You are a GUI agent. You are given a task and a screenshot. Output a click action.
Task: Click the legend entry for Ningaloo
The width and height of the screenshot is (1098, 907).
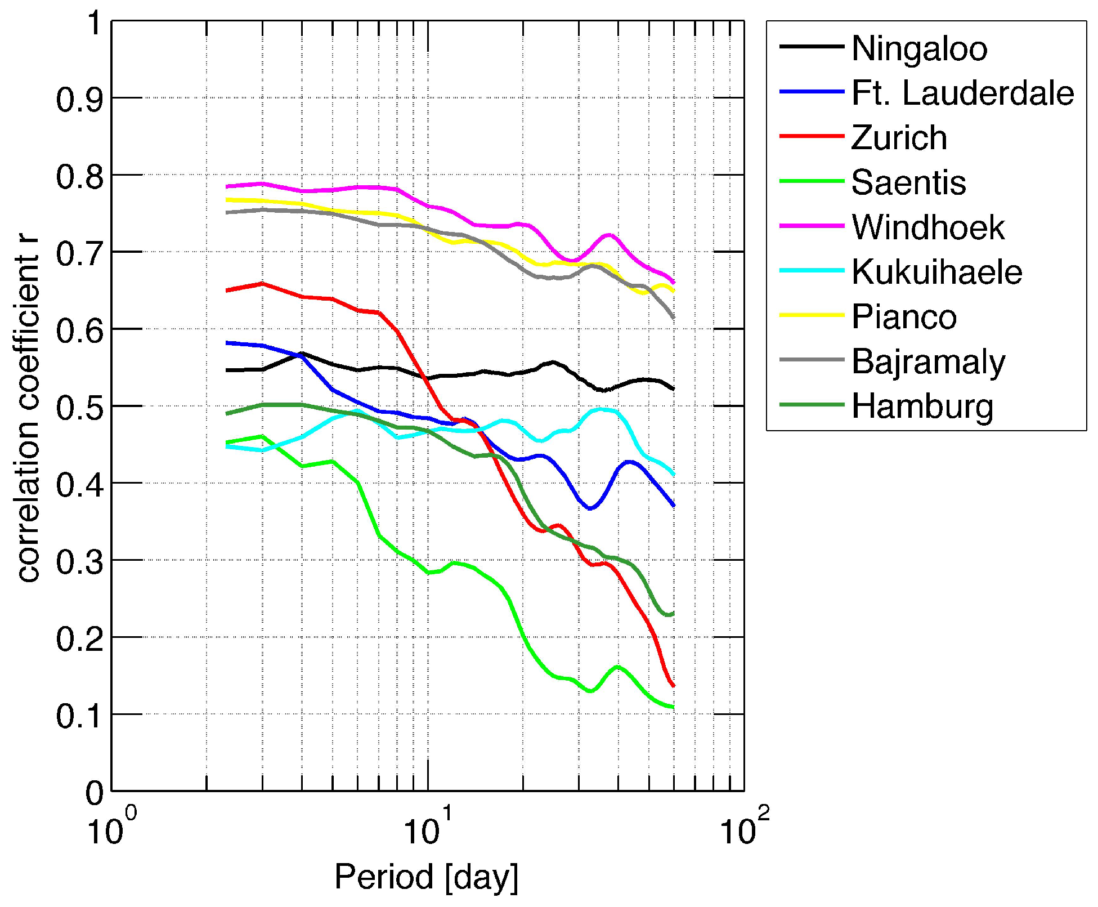click(919, 48)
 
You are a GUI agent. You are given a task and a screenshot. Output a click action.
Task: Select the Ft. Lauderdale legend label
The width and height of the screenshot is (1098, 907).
click(962, 93)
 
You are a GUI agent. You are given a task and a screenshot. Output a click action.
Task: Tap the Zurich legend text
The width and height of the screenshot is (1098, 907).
click(899, 138)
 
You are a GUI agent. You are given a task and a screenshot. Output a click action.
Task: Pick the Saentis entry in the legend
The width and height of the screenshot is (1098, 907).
click(908, 182)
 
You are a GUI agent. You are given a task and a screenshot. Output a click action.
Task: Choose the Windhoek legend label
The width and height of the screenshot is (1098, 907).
click(928, 227)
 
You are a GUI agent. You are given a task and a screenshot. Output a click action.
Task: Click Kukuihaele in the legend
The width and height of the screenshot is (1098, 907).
click(936, 272)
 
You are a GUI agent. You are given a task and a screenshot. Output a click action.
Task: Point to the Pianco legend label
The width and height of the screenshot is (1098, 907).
click(904, 316)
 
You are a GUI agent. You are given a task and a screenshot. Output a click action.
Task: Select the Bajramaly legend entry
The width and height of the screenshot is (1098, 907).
click(928, 362)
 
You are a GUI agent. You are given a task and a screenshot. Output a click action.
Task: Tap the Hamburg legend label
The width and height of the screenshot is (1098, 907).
click(922, 406)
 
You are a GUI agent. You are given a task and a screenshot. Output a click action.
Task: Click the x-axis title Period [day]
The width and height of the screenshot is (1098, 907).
click(426, 877)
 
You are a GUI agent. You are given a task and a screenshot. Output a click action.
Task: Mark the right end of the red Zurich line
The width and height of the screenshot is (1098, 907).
click(673, 685)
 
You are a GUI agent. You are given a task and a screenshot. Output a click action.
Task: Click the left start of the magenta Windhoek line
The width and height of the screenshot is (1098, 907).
click(227, 186)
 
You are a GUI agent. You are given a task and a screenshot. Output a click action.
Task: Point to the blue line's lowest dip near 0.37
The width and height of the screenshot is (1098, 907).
click(590, 508)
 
